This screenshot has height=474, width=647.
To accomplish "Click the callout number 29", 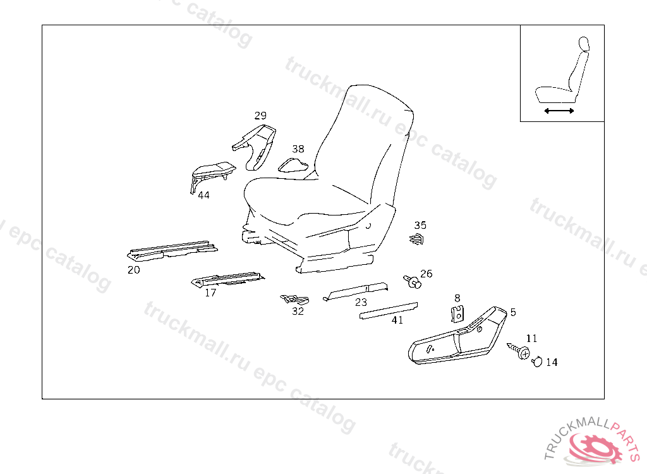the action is click(x=260, y=116).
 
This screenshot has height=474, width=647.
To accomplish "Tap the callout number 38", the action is click(x=298, y=149).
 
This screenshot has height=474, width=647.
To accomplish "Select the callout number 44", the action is click(x=203, y=195).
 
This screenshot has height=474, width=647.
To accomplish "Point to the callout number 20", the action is click(x=134, y=270).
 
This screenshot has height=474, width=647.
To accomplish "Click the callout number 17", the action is click(x=210, y=293).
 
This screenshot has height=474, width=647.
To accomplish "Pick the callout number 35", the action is click(x=420, y=225).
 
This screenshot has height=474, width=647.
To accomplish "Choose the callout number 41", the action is click(x=397, y=320).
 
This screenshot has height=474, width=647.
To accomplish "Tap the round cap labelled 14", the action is click(x=537, y=362).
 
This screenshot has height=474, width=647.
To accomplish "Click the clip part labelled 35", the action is click(x=416, y=240).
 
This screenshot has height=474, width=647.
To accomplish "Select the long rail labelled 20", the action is click(x=172, y=250).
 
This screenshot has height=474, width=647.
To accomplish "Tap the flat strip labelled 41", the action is click(x=389, y=310).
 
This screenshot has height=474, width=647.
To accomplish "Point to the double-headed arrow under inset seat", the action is click(x=559, y=111).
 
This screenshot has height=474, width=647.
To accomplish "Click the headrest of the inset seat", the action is click(x=584, y=43).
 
